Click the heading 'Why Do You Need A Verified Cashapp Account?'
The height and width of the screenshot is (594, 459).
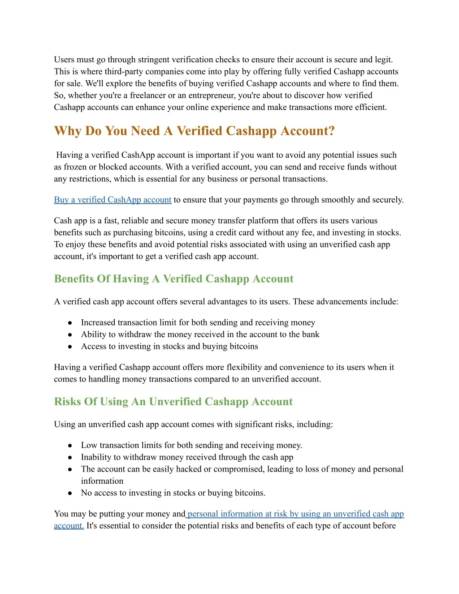(x=194, y=131)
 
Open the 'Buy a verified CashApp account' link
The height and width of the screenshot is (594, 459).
(x=113, y=200)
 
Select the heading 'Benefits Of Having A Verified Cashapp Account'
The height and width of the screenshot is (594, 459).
(x=173, y=279)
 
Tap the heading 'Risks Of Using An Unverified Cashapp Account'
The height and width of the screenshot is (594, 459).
(x=173, y=402)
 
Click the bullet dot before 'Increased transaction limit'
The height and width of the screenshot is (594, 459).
(x=70, y=323)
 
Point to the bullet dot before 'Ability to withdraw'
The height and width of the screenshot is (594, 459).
(x=70, y=335)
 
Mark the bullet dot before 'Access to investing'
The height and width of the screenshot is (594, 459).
(x=70, y=347)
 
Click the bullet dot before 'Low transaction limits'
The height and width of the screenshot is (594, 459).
(x=70, y=446)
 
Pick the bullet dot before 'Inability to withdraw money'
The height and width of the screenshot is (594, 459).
(x=70, y=458)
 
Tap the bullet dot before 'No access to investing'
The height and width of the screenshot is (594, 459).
(x=70, y=493)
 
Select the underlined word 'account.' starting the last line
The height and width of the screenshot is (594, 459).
(x=69, y=526)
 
